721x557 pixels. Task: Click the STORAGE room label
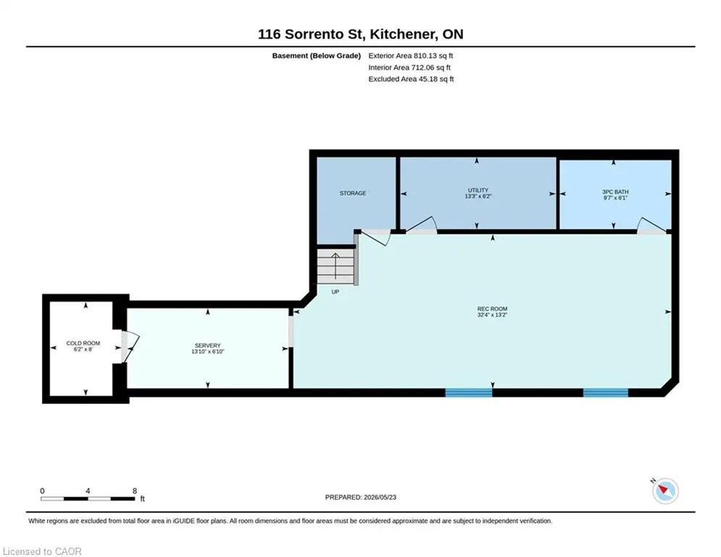coord(353,194)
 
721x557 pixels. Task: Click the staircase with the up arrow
coord(336,266)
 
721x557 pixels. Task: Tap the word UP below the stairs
coord(336,292)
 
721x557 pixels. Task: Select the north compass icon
coord(665,491)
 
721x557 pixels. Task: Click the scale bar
coord(88,498)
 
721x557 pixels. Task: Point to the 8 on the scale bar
coord(135,491)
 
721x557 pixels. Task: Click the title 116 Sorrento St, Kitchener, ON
coord(361,34)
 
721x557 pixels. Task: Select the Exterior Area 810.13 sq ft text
coord(411,56)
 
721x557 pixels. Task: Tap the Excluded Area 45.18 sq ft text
coord(411,79)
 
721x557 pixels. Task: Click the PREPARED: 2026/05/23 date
coord(361,497)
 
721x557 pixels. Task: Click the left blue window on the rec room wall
coord(469,392)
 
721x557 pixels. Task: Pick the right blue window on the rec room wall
coord(606,392)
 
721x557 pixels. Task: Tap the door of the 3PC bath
coord(651,225)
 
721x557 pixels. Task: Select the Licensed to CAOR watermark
coord(42,551)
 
